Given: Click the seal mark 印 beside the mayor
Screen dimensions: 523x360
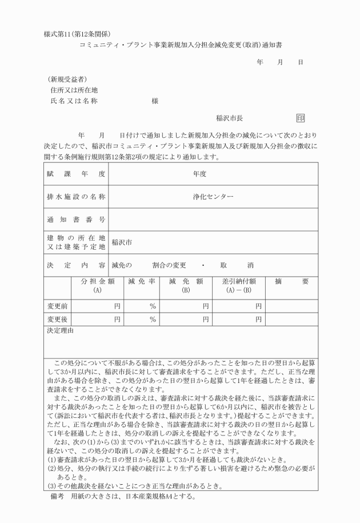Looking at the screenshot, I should pyautogui.click(x=301, y=118).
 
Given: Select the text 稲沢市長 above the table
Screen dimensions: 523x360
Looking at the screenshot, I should pyautogui.click(x=230, y=118).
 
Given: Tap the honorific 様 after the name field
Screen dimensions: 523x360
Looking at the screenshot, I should pyautogui.click(x=155, y=101).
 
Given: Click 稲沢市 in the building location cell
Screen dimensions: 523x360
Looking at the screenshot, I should pyautogui.click(x=122, y=242).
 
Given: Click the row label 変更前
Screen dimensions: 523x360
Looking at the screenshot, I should pyautogui.click(x=57, y=306).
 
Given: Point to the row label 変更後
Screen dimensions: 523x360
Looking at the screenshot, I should pyautogui.click(x=57, y=319).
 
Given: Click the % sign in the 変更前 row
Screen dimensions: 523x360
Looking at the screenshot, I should pyautogui.click(x=153, y=306).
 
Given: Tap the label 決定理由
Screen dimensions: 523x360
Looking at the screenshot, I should pyautogui.click(x=59, y=330).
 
